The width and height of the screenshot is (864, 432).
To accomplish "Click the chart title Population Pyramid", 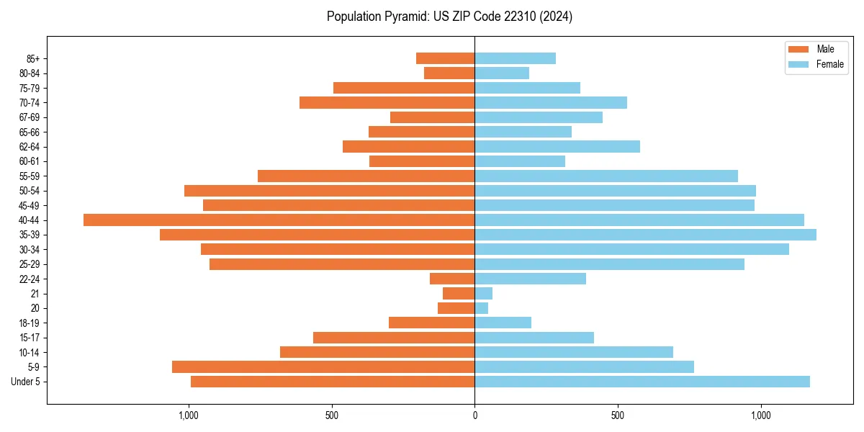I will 449,17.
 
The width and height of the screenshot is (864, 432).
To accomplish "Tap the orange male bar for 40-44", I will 279,220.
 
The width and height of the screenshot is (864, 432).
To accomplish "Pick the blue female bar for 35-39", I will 645,235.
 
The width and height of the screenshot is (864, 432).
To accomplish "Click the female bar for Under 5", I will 642,382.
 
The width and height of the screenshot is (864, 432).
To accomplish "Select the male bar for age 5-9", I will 323,366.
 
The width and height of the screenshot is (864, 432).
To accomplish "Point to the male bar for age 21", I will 459,293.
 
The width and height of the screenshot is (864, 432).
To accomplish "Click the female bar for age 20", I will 481,308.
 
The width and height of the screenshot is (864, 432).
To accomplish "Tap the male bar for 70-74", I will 387,102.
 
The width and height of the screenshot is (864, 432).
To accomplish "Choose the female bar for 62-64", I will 557,146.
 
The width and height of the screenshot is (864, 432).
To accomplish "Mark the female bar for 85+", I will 515,58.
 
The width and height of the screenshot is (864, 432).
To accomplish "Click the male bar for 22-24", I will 452,279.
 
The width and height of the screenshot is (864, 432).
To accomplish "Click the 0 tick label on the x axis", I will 474,415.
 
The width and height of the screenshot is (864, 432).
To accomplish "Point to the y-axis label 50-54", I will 30,191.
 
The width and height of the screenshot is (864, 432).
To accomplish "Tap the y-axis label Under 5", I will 25,382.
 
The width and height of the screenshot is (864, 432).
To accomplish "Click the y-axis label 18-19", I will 30,323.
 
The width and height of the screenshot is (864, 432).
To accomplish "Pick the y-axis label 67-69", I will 30,117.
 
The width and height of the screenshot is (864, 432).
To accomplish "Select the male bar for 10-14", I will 377,352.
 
